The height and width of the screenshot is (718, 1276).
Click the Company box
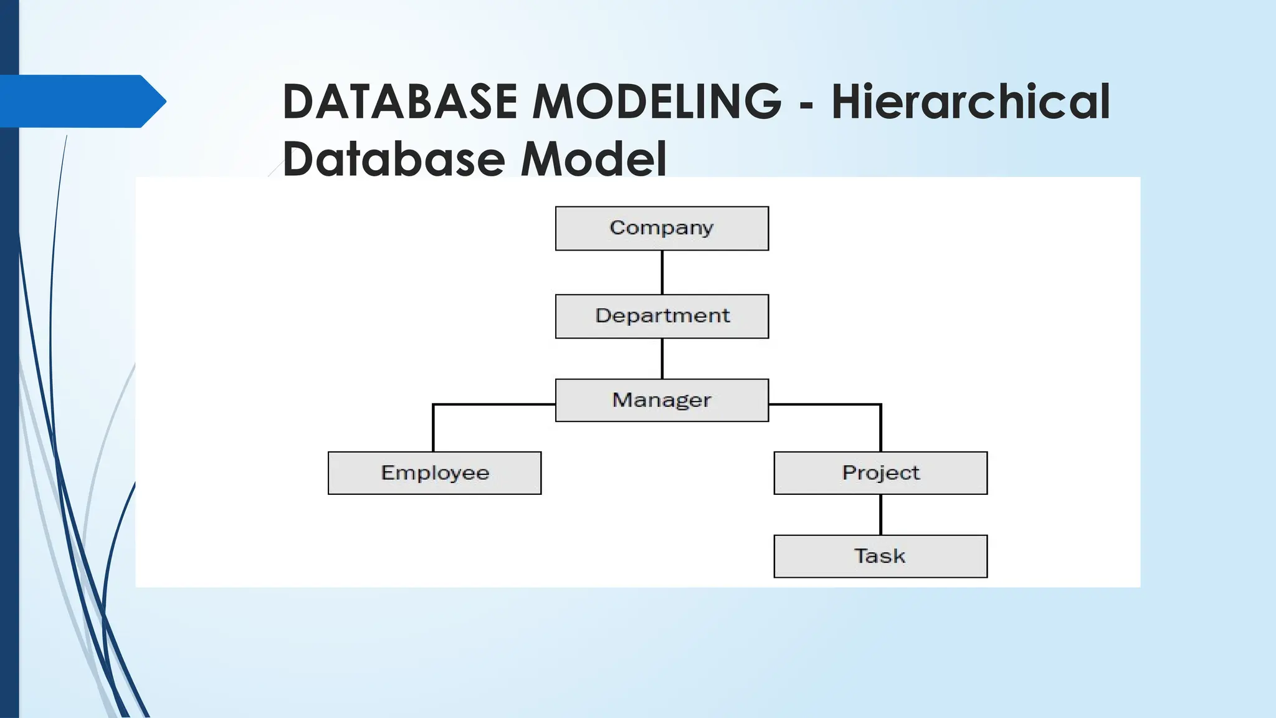point(662,228)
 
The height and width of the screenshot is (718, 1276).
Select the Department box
point(662,316)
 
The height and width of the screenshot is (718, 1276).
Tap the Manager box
point(662,400)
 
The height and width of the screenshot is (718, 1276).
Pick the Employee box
point(434,473)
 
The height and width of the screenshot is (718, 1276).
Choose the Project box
point(880,473)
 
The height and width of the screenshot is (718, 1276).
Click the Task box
point(880,556)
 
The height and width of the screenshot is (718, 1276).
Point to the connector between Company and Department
point(662,272)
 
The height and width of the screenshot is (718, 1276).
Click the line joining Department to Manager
point(662,358)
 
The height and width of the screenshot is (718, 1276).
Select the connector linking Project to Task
point(880,514)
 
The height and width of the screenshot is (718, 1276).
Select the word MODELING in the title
point(657,101)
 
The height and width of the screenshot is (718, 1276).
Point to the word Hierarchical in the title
point(971,101)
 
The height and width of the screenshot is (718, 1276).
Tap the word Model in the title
point(593,159)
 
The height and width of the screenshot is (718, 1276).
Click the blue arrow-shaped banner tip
point(153,101)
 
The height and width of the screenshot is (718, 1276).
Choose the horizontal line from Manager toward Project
point(824,404)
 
